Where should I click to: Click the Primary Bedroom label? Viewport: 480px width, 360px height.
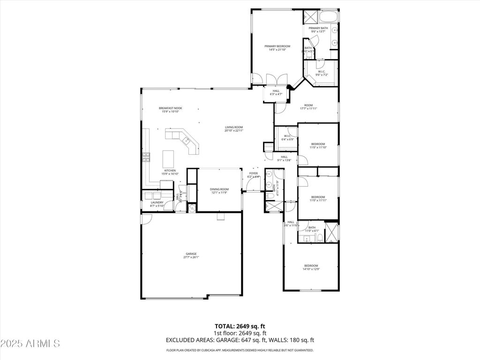(277, 46)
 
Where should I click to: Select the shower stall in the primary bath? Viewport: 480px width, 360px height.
(310, 16)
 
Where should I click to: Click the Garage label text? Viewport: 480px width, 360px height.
(191, 254)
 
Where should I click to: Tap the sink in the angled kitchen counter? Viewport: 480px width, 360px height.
(186, 140)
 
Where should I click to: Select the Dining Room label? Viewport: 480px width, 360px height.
(219, 189)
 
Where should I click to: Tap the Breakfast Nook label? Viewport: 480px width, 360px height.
(170, 108)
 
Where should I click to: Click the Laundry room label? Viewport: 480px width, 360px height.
(157, 202)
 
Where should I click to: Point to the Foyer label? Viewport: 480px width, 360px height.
(254, 173)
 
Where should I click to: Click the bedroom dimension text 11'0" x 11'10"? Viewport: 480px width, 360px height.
(318, 147)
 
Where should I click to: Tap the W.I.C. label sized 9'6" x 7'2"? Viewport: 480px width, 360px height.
(322, 72)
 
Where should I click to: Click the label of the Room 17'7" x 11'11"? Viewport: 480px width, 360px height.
(308, 105)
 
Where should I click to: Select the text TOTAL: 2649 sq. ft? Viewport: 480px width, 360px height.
(240, 326)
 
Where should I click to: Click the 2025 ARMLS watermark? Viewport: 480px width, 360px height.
(30, 344)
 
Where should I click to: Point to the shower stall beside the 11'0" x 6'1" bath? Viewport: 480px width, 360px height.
(332, 232)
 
